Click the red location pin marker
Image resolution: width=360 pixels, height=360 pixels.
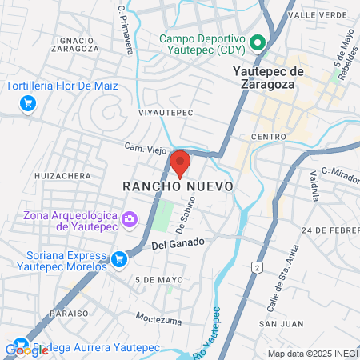point(181,162)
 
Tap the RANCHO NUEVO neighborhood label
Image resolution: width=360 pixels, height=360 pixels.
point(178,186)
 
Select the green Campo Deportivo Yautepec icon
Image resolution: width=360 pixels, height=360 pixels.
point(258,42)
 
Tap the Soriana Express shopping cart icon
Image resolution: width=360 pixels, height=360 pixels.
point(119,258)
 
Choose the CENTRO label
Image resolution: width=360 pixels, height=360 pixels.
point(268,137)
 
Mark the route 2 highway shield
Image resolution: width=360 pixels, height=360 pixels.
point(257,266)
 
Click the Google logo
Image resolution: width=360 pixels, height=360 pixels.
point(26,350)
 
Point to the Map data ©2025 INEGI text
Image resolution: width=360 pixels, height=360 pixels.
point(311,354)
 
